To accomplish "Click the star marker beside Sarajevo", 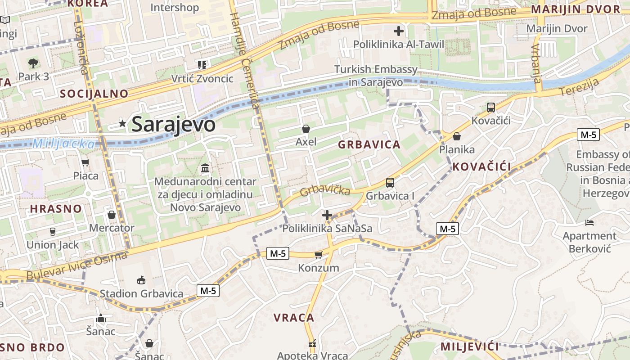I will point(122,123).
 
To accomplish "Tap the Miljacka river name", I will point(64,144).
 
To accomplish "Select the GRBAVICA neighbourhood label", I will point(369,144).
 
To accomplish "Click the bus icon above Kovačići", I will point(490,108).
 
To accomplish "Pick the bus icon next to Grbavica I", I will point(390,183).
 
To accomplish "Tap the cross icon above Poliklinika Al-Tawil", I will point(398,31).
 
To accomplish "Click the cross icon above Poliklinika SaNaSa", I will point(327,216).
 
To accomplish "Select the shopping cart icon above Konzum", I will point(319,255).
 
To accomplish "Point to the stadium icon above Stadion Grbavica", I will point(141,280).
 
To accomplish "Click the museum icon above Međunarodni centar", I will point(205,168).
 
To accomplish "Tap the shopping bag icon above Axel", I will point(306,129).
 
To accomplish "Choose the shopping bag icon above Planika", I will point(457,136).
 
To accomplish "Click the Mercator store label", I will point(112,228).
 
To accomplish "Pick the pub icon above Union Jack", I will point(53,232).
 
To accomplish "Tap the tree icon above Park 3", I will point(33,63).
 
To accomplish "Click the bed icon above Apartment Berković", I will point(589,223).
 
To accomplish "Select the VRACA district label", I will point(294,318).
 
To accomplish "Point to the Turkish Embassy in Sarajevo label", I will point(376,76).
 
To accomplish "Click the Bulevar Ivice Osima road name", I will point(77,266).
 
